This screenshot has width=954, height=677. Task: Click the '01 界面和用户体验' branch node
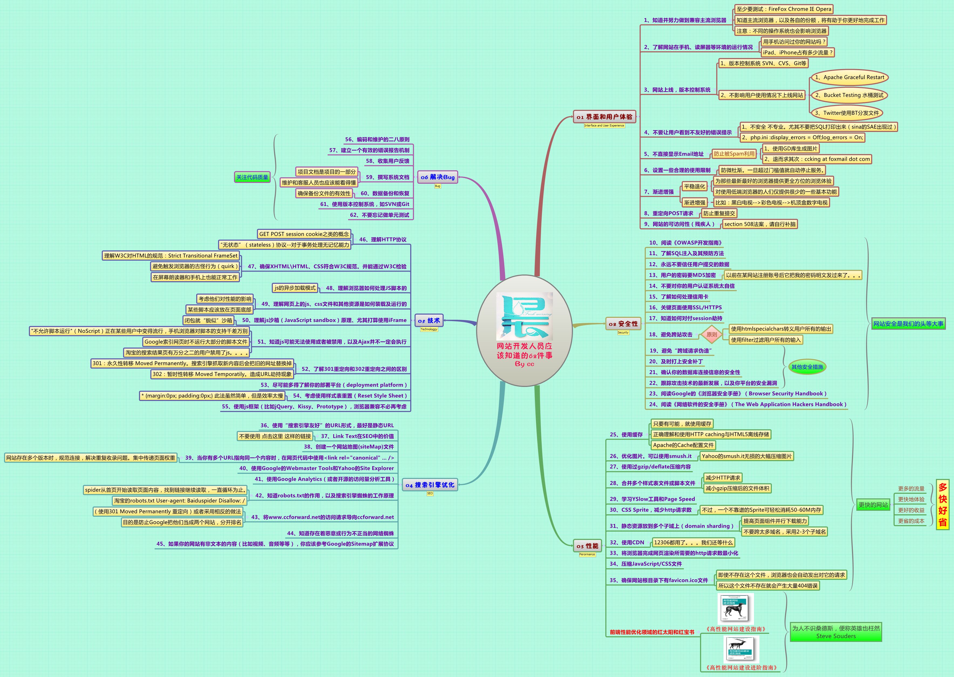[605, 117]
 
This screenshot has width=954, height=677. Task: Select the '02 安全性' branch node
[623, 324]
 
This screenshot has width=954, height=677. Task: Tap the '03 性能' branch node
[587, 546]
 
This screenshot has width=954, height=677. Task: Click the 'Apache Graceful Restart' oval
[849, 77]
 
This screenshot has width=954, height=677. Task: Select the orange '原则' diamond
[711, 334]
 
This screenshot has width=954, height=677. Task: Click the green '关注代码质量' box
[252, 177]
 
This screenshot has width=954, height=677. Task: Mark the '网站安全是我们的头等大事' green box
[908, 324]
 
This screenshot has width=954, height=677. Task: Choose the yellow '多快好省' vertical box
[942, 504]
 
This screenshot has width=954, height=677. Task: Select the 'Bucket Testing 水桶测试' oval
[849, 95]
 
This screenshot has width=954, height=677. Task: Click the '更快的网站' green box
[873, 505]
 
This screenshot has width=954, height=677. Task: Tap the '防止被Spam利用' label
[734, 154]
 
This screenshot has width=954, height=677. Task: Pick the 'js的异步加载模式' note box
[295, 288]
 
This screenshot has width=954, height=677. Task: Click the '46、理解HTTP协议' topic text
[382, 240]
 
